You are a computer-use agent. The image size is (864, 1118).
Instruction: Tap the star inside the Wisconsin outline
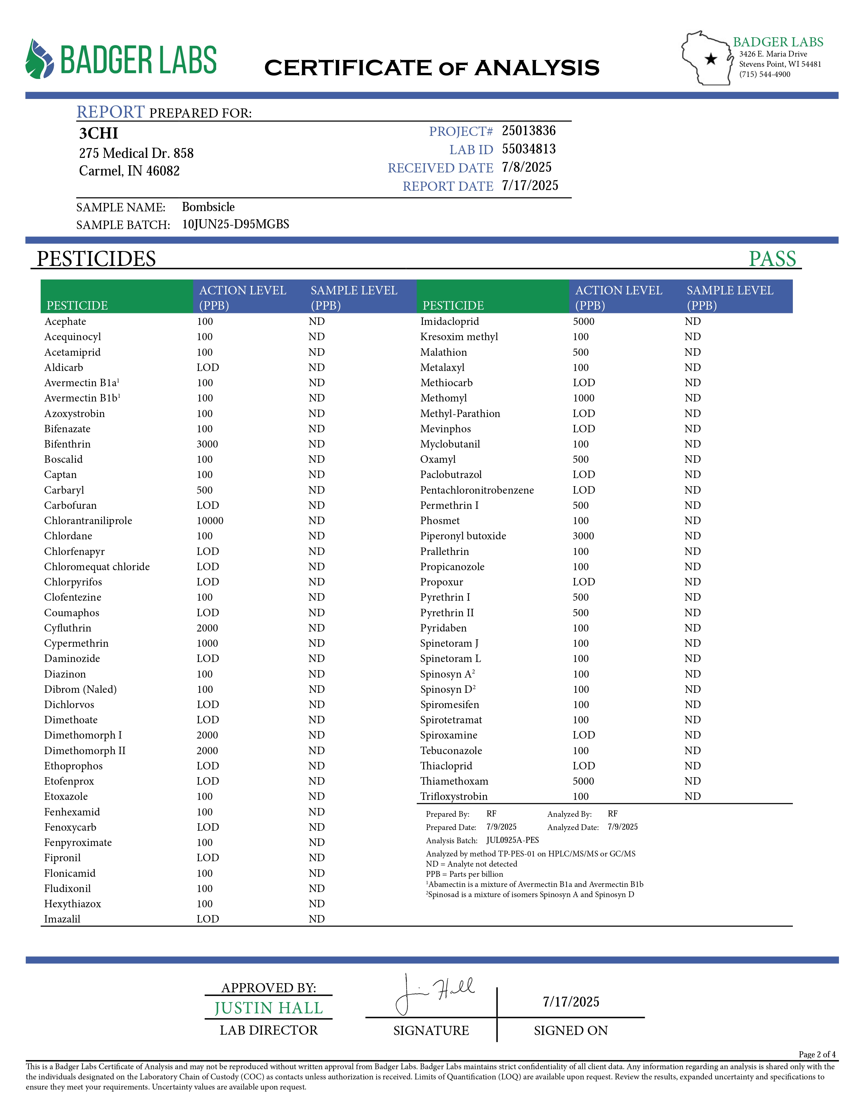tap(711, 59)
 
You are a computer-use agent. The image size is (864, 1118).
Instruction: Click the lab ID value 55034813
tap(528, 149)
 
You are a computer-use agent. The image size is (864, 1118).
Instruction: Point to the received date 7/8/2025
tap(526, 167)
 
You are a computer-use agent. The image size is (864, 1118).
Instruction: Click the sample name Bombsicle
tap(208, 207)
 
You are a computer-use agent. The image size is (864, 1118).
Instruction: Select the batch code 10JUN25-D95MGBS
tap(235, 224)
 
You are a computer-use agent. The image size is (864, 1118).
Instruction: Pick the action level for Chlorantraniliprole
tap(210, 521)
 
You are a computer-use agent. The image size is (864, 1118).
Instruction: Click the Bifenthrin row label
tap(67, 444)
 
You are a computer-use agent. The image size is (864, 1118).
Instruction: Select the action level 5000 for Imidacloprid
tap(583, 322)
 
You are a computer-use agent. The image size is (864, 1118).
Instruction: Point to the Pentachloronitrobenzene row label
tap(476, 490)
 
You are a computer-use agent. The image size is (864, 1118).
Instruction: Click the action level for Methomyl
tap(583, 398)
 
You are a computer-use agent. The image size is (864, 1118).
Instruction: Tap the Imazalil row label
tap(62, 919)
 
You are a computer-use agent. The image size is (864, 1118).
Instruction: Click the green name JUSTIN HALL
tap(268, 1008)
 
